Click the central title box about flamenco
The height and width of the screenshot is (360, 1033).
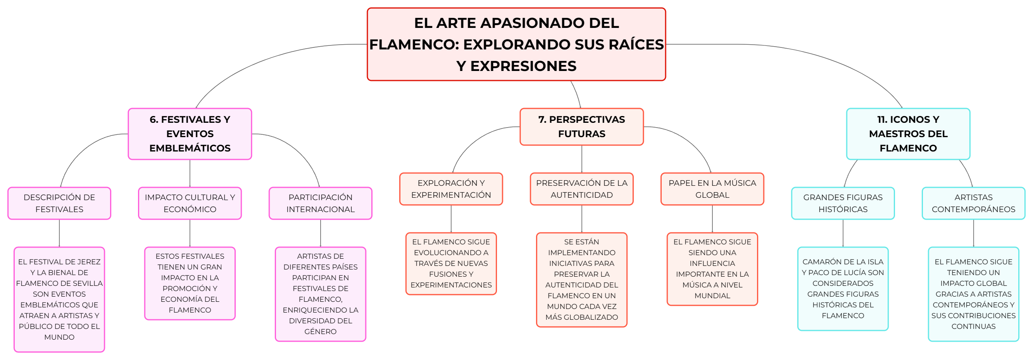tap(516, 44)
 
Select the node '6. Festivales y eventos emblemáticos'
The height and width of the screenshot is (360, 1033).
tap(190, 134)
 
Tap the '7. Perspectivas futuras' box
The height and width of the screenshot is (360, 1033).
tap(582, 127)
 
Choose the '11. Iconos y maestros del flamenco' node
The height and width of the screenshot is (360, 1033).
tap(908, 134)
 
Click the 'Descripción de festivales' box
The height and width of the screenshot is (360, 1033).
tap(59, 203)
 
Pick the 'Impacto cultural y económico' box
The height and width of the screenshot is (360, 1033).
tap(190, 203)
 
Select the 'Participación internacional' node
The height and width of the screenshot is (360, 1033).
tap(320, 203)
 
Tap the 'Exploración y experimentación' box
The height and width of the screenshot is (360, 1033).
tap(451, 189)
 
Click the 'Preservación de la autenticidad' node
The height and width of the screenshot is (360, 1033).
tap(582, 189)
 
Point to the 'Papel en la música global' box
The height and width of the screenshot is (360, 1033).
tap(712, 189)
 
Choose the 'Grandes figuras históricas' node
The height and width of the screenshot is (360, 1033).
tap(843, 203)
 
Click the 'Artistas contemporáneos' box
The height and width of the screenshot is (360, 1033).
tap(973, 203)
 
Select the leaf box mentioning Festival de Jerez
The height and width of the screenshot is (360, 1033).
tap(59, 299)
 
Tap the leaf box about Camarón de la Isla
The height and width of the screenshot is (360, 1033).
tap(843, 289)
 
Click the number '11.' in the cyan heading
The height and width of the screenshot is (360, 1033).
tap(883, 120)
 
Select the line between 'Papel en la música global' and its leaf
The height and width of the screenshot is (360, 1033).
tap(712, 219)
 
